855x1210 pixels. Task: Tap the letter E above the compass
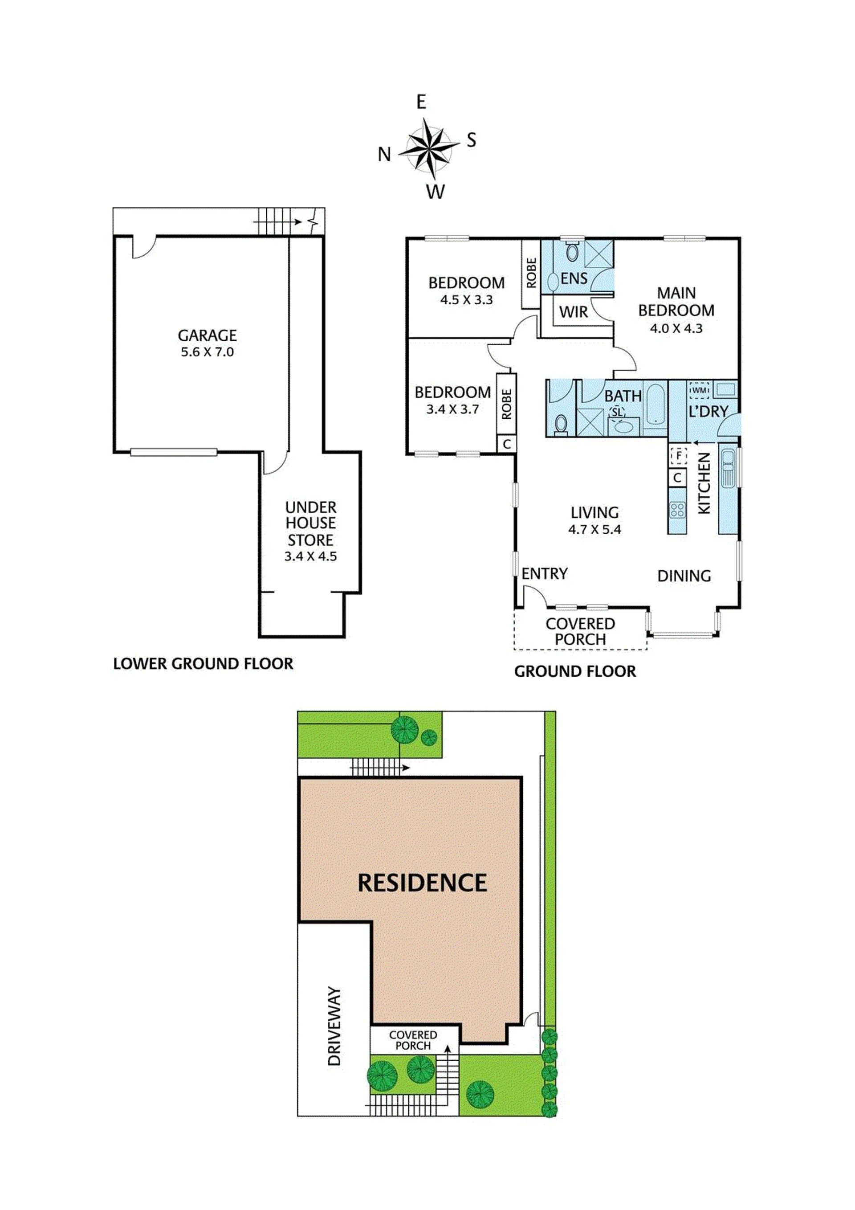[421, 102]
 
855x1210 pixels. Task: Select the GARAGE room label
[207, 336]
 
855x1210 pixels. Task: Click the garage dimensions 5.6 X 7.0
[207, 352]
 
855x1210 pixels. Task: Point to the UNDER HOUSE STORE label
[310, 523]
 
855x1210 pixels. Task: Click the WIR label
[573, 312]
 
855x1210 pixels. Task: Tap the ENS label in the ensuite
[574, 278]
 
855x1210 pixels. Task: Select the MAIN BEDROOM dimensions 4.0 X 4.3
[676, 328]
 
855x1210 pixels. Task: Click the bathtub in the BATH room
[656, 404]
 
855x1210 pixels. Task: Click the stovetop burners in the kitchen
[677, 510]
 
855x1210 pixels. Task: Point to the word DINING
[684, 576]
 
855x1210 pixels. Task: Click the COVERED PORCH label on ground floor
[580, 631]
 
